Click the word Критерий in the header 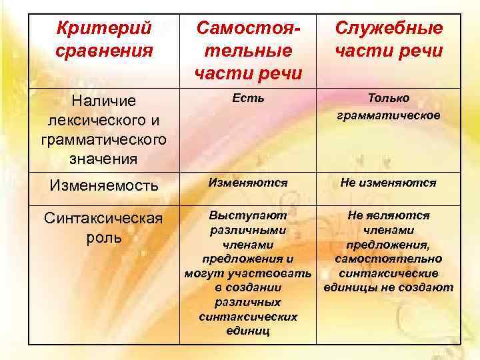click(104, 29)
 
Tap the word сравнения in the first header click(105, 50)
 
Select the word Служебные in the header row click(389, 29)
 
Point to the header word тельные click(248, 51)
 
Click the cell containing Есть click(248, 98)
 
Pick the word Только click(389, 98)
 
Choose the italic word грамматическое click(389, 115)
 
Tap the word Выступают click(248, 215)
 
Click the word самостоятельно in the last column click(389, 259)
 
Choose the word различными click(248, 230)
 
